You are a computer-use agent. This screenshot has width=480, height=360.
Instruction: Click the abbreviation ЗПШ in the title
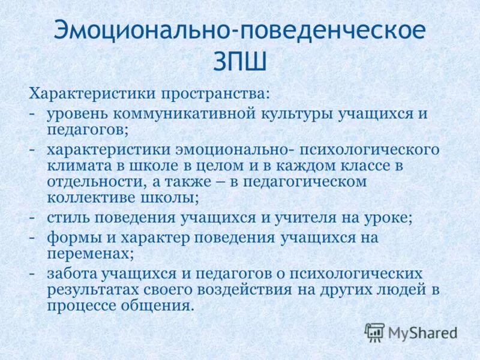point(240,61)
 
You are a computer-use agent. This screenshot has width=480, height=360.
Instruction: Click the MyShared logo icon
point(374,332)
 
